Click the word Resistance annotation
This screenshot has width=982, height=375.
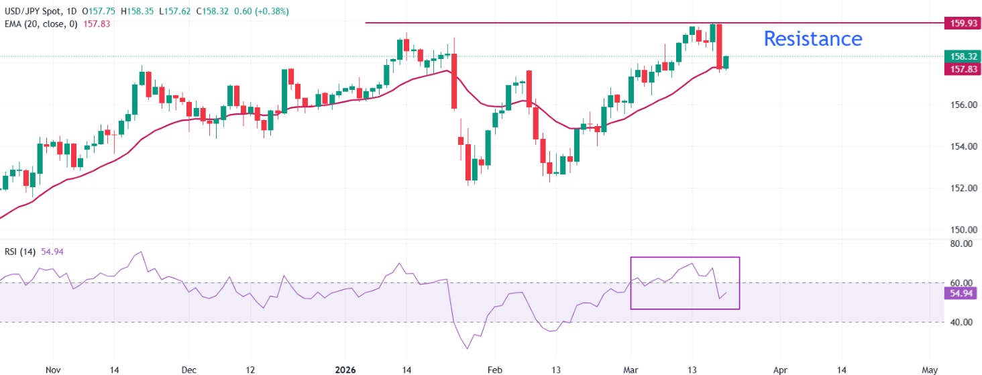point(813,39)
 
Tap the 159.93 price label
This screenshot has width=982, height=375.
point(962,23)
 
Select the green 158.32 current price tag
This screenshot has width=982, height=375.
point(962,56)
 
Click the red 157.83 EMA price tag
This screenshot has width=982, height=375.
point(962,69)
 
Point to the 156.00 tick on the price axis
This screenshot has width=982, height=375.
point(961,105)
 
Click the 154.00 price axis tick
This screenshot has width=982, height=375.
point(961,146)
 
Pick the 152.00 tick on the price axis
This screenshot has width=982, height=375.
point(961,188)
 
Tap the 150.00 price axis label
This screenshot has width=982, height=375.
point(961,229)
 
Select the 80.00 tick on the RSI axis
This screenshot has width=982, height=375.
point(961,244)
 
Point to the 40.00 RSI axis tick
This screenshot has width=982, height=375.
point(961,322)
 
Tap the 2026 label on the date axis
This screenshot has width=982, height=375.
point(347,369)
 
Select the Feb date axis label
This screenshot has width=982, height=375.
point(494,369)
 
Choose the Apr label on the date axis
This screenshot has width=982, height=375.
point(780,369)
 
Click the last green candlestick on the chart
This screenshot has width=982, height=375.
point(726,62)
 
